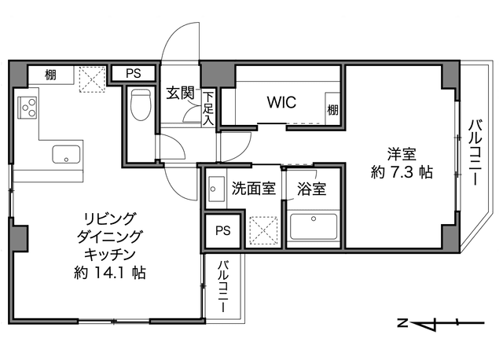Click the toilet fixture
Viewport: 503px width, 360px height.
click(141, 105)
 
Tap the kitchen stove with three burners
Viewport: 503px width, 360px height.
click(28, 108)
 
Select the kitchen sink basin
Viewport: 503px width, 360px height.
click(66, 154)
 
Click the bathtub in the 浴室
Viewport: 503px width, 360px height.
click(314, 226)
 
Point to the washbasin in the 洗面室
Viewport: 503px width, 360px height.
click(216, 189)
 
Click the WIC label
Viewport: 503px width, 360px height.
click(281, 102)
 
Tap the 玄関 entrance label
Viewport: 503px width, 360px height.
click(181, 93)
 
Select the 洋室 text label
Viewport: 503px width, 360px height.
click(402, 154)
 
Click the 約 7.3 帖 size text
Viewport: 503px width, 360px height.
click(402, 172)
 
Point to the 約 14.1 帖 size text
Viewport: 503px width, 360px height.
click(110, 273)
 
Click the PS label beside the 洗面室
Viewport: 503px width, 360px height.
click(223, 230)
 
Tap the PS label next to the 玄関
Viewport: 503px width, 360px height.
click(133, 73)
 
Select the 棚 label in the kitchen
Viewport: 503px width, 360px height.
click(50, 75)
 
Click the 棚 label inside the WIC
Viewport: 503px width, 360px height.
click(332, 110)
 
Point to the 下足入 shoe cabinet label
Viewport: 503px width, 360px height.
click(208, 108)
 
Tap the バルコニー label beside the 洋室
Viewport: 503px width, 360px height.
click(475, 152)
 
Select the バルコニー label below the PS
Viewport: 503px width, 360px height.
click(223, 287)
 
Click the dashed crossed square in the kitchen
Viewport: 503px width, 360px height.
click(93, 79)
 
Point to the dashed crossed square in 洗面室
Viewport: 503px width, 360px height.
click(263, 230)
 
